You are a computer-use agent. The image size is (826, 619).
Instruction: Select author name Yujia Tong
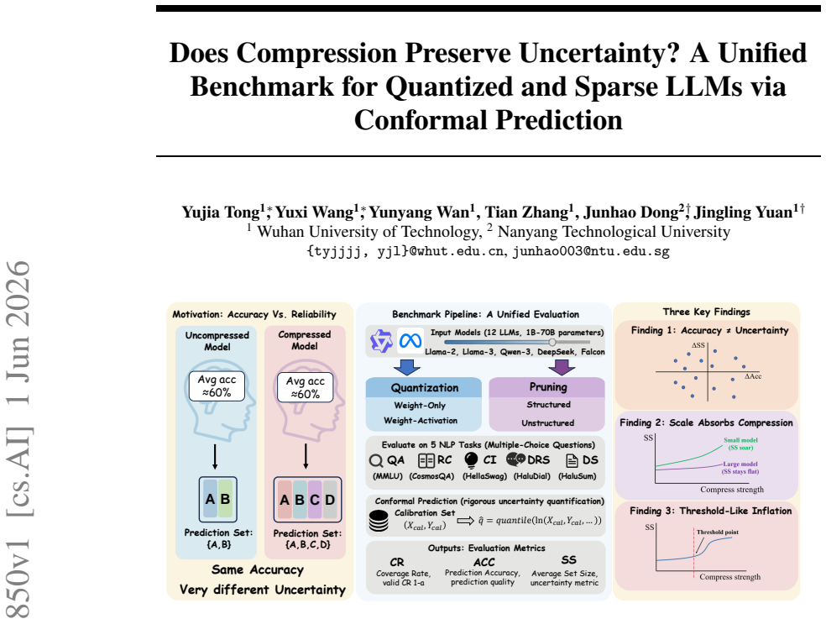tap(221, 212)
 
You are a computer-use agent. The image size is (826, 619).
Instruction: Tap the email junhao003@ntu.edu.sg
tap(591, 251)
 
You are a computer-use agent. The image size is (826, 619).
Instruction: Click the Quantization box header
tap(424, 387)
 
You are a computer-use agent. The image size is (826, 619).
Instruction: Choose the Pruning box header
tap(547, 387)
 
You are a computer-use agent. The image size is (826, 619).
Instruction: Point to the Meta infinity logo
tap(410, 341)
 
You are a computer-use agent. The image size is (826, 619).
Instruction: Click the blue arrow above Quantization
tap(406, 367)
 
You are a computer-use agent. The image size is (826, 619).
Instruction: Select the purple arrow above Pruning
tap(562, 367)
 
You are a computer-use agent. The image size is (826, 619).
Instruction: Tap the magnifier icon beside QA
tap(375, 461)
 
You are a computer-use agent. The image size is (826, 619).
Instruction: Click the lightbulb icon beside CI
tap(470, 459)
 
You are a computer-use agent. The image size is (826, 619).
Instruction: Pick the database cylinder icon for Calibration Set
tap(379, 521)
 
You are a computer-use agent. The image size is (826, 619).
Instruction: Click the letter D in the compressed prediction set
tap(330, 499)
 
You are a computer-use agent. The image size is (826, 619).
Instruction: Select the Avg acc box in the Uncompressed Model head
tap(217, 386)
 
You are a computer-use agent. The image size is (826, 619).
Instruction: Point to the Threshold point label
tap(718, 532)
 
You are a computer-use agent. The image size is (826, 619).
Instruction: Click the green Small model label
tap(740, 444)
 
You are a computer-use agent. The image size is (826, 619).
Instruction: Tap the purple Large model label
tap(740, 468)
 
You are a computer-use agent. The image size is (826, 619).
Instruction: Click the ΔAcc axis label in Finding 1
tap(753, 376)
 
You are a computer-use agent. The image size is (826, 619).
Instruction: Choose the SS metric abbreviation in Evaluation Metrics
tap(569, 560)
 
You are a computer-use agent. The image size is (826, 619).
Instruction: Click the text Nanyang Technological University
tap(614, 232)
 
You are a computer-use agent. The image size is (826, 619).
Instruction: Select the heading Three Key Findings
tap(707, 312)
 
